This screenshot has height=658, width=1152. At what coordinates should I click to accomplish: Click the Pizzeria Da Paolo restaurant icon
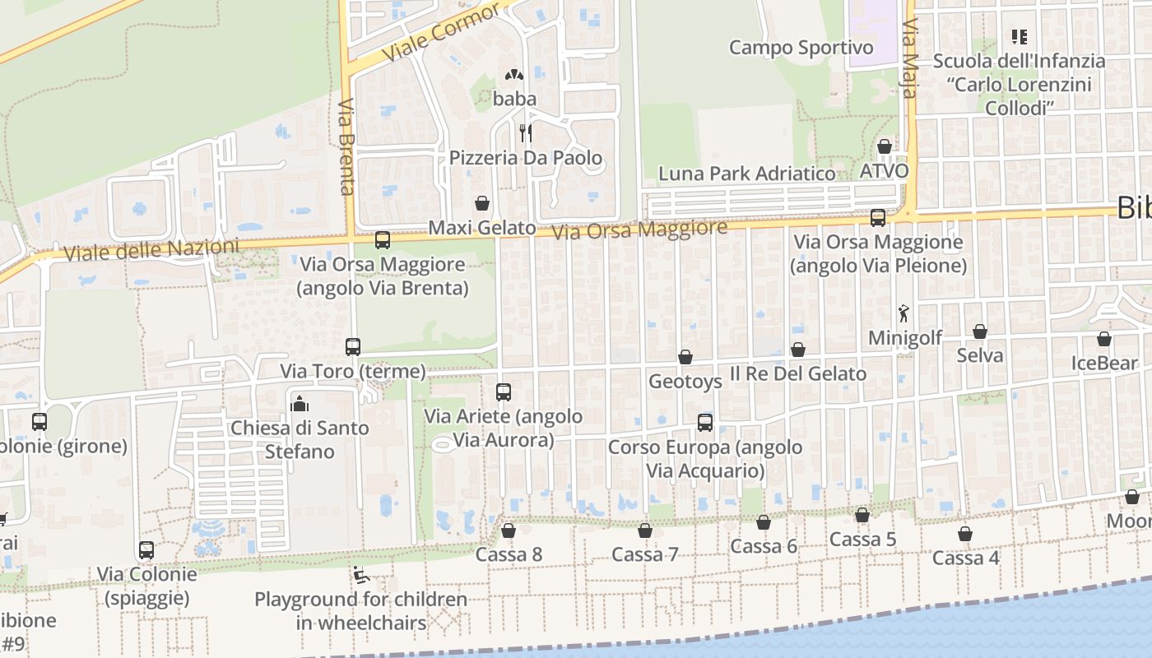(x=525, y=133)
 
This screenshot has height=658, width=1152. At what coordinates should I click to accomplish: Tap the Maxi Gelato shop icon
(x=482, y=203)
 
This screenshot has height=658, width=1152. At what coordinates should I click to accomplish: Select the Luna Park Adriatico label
(x=746, y=174)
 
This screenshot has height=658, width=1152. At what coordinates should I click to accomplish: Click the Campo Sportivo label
(x=801, y=48)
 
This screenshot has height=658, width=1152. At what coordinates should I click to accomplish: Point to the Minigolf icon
(x=904, y=313)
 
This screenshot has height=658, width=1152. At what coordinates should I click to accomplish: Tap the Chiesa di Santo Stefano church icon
(x=300, y=404)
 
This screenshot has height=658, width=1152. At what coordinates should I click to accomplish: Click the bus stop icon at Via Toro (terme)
(x=353, y=347)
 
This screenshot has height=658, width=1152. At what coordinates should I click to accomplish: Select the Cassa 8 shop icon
(x=509, y=531)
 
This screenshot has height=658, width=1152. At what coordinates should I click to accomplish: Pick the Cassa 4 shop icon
(x=965, y=534)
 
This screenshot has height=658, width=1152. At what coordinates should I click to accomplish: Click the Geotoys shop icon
(x=685, y=357)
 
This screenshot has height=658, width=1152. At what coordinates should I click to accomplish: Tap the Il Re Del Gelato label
(x=798, y=373)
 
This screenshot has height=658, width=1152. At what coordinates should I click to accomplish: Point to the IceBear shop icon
(x=1103, y=339)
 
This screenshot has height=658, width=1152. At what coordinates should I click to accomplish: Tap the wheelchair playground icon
(x=360, y=575)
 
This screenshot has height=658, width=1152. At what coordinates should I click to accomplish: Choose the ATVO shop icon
(x=885, y=146)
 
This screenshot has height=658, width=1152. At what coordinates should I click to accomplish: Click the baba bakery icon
(x=514, y=75)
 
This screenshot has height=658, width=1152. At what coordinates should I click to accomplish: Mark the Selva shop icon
(x=979, y=331)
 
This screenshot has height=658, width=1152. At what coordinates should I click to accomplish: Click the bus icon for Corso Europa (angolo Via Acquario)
(x=705, y=423)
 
